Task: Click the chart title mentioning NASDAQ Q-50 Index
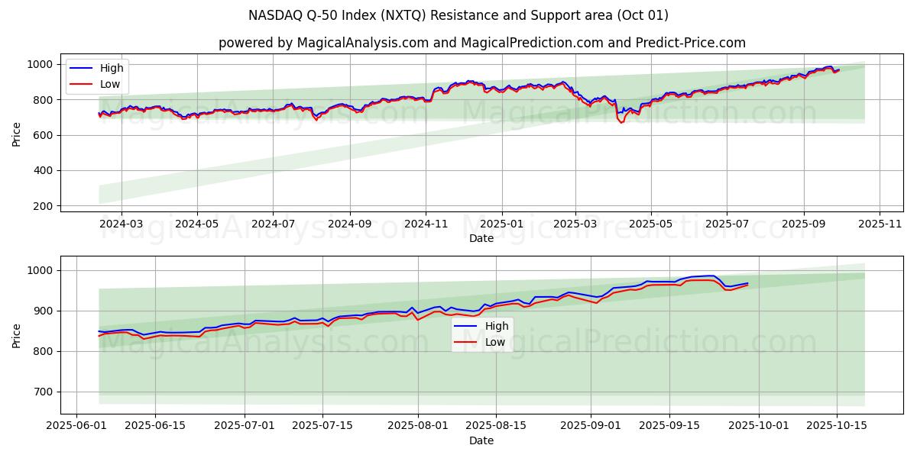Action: pyautogui.click(x=458, y=15)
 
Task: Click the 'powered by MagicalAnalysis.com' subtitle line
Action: pyautogui.click(x=481, y=43)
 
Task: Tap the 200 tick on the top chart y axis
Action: pyautogui.click(x=44, y=206)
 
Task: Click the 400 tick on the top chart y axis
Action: pyautogui.click(x=44, y=171)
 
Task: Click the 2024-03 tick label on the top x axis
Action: pyautogui.click(x=122, y=224)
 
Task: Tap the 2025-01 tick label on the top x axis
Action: pyautogui.click(x=502, y=224)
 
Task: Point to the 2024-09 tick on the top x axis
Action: pyautogui.click(x=350, y=224)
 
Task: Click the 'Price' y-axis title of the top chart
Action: pyautogui.click(x=17, y=134)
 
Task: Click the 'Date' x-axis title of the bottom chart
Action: pyautogui.click(x=481, y=440)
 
